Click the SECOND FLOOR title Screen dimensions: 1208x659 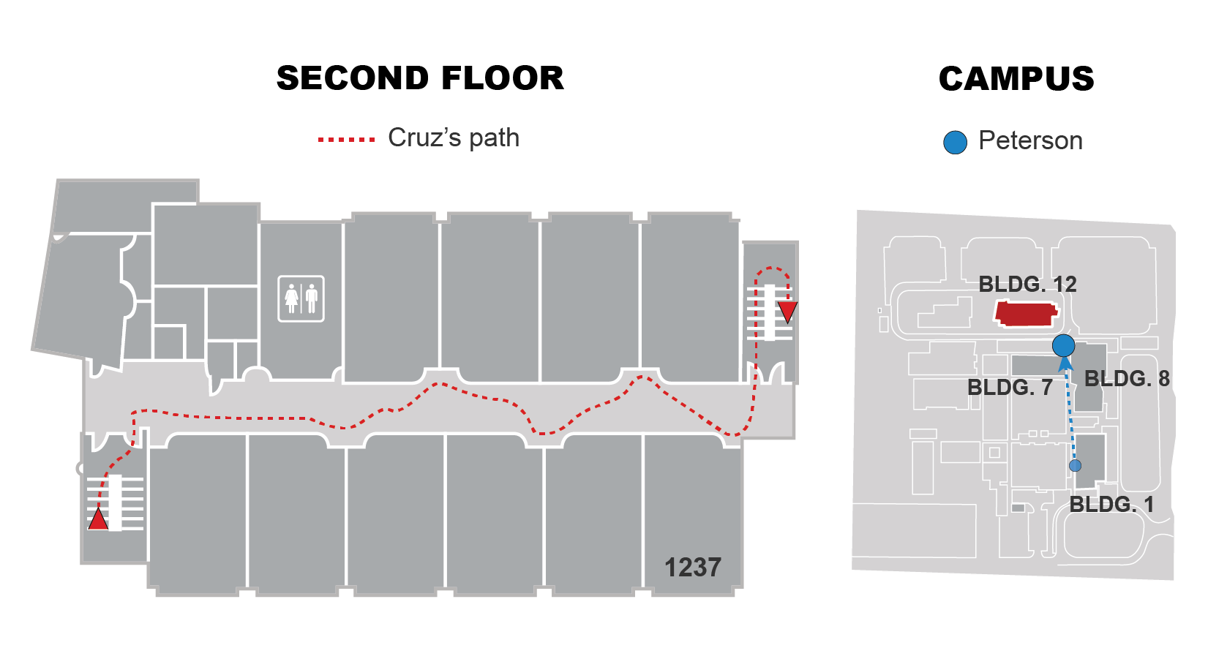point(420,78)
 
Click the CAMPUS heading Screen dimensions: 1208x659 point(1016,79)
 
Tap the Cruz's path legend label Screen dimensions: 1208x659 point(454,138)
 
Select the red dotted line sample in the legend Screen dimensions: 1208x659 point(346,139)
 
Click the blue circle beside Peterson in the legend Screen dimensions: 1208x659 point(955,142)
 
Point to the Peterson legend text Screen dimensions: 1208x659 point(1030,140)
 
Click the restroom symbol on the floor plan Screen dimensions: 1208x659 point(301,298)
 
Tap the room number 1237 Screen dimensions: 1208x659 point(692,567)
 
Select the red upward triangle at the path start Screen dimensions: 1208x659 point(98,519)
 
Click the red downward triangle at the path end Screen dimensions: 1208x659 point(787,312)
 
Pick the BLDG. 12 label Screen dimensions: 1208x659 point(1027,284)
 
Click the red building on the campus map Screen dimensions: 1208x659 point(1025,314)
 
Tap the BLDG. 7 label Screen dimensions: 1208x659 point(1010,387)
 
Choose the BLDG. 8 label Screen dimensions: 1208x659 point(1127,378)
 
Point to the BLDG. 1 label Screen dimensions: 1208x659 point(1111,504)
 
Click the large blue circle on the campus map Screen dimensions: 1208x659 point(1063,345)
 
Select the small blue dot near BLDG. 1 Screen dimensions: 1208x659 point(1075,465)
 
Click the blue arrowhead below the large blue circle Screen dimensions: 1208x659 point(1066,364)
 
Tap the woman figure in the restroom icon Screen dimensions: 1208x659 point(292,298)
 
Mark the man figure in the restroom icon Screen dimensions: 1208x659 point(312,298)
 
